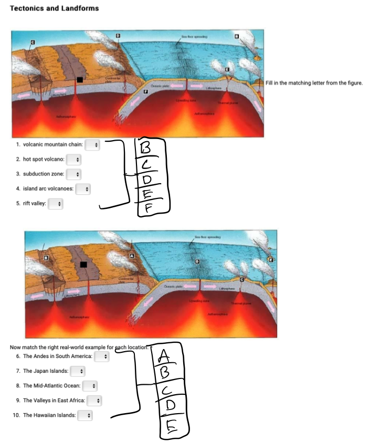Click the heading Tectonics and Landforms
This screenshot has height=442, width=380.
54,8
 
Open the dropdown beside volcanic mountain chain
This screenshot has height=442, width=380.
92,144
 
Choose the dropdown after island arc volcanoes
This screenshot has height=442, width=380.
83,188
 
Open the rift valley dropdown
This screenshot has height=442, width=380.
55,203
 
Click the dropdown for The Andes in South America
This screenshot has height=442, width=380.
101,356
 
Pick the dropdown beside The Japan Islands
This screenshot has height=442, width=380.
77,371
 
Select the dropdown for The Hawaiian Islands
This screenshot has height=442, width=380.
83,415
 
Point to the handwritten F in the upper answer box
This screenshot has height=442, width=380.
149,208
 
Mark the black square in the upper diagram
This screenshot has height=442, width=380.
80,80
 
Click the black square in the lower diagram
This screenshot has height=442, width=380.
83,265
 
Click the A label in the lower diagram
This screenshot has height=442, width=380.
132,255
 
